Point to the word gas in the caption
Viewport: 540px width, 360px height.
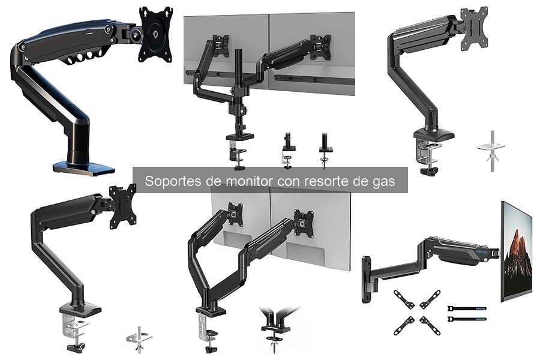384,181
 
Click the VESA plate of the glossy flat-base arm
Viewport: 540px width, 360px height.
155,34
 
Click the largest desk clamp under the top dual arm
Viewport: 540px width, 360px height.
236,146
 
